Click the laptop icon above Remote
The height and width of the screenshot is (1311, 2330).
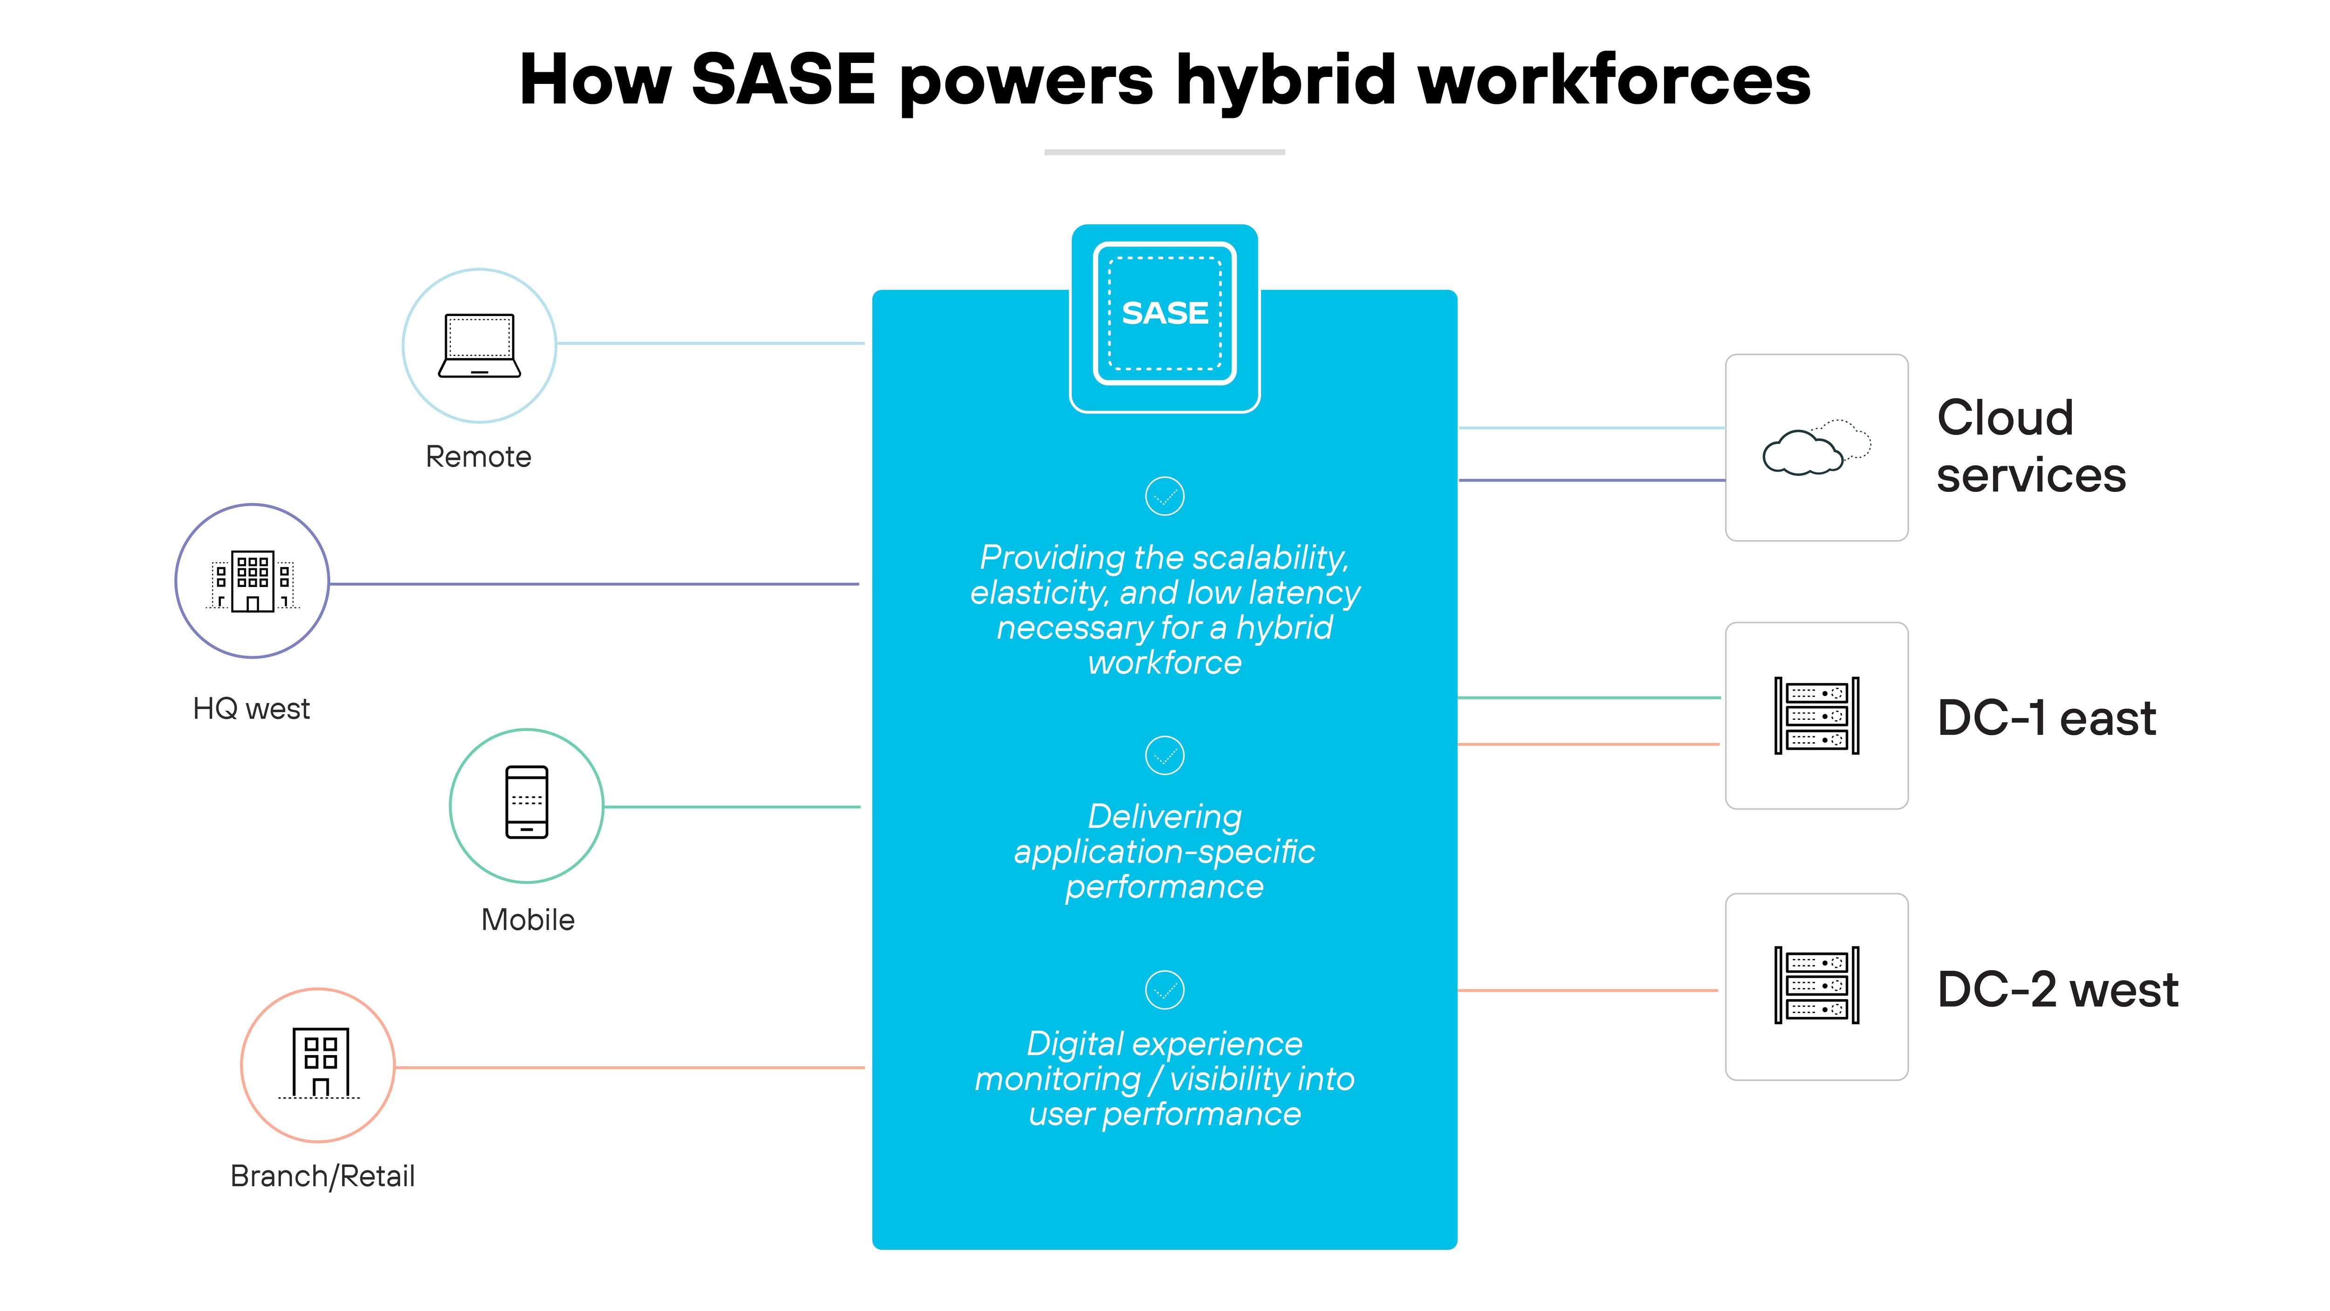coord(480,345)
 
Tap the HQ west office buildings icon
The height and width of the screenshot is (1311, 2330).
coord(253,581)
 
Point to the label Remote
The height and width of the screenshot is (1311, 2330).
coord(479,457)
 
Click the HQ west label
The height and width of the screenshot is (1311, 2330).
coord(252,709)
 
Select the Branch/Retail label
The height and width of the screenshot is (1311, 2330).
coord(323,1176)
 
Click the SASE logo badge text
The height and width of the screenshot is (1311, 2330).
coord(1165,313)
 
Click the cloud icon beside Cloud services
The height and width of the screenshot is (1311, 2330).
coord(1816,448)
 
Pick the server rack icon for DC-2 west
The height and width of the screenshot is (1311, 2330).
coord(1816,985)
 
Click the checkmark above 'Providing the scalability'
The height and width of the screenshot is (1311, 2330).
coord(1165,496)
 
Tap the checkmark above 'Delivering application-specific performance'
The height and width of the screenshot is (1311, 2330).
coord(1165,755)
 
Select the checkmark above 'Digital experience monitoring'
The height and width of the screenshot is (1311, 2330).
coord(1165,990)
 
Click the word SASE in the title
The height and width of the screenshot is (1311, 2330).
coord(783,80)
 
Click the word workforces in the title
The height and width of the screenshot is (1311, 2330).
coord(1615,80)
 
